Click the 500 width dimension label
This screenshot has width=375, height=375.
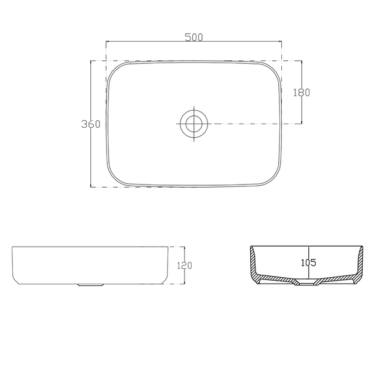193,37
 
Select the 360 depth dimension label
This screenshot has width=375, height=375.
91,124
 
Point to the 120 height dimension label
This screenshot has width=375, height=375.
184,265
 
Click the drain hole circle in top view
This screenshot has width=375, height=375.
193,124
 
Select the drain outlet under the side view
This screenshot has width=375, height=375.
90,285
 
